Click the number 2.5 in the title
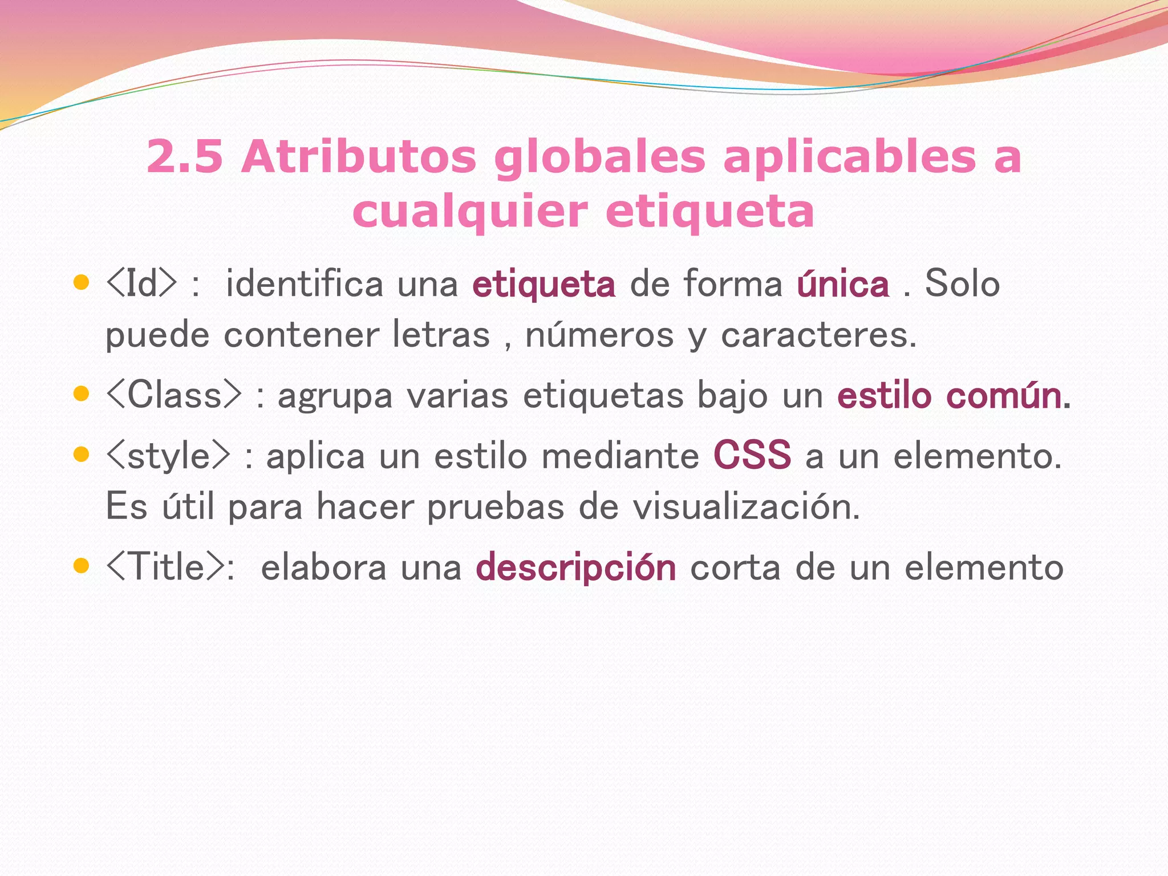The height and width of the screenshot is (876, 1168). pos(184,157)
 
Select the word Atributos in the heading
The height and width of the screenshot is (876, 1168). pos(359,157)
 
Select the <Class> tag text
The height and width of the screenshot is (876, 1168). pos(174,395)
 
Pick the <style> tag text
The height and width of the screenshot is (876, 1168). pos(168,456)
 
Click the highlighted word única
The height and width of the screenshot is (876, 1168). pos(843,284)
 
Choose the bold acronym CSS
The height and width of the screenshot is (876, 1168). pos(752,455)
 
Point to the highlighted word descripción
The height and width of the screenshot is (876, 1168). pos(576,568)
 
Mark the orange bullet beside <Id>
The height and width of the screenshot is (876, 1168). pos(82,282)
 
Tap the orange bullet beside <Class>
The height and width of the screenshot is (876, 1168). pos(82,394)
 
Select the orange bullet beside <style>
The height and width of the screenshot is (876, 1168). pos(82,454)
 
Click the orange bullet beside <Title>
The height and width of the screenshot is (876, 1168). pos(82,566)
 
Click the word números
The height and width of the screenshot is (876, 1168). pos(599,335)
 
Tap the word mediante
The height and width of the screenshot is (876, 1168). pos(620,456)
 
